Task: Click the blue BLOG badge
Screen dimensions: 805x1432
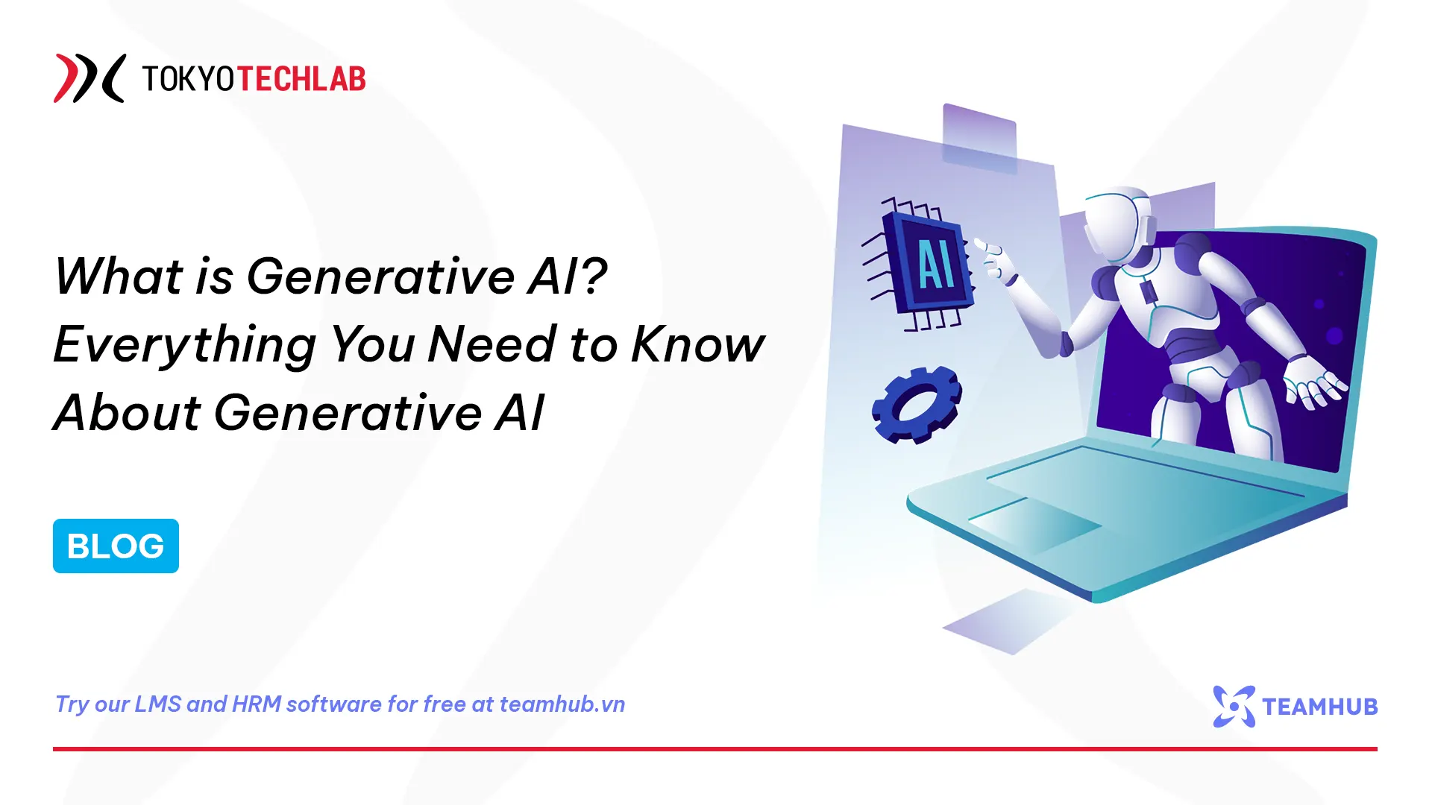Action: [116, 546]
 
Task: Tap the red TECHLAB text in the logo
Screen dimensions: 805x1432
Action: [301, 79]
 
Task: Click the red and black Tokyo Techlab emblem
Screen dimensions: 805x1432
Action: [89, 78]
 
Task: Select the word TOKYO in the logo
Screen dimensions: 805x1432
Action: [188, 79]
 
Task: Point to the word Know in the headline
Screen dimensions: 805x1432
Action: [697, 345]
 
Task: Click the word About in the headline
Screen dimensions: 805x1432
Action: [127, 413]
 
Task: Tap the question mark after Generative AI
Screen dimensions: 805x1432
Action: [594, 276]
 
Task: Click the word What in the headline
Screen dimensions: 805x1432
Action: [119, 276]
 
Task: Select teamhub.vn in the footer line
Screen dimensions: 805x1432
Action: [562, 704]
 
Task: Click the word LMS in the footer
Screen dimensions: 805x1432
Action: [157, 704]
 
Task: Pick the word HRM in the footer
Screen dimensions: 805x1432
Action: [257, 704]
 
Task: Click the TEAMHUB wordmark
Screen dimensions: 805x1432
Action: [1319, 707]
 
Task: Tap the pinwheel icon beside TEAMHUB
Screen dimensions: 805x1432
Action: [1234, 707]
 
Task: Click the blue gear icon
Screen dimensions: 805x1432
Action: [917, 405]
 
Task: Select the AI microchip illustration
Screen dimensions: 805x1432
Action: [925, 265]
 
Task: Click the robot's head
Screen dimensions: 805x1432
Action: [1119, 224]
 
